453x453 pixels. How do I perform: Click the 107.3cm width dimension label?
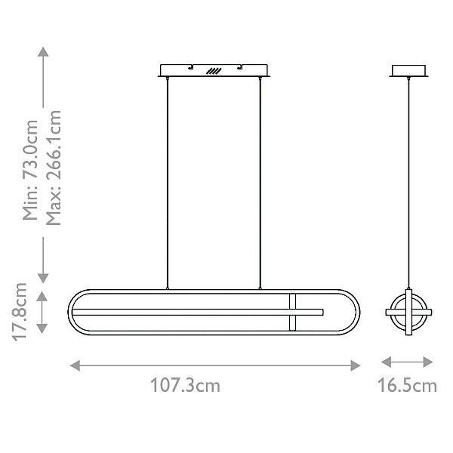[x=185, y=385]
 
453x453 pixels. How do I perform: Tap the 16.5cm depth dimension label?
[x=407, y=385]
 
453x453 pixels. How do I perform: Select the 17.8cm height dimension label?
[x=20, y=312]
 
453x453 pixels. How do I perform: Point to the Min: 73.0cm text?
[x=30, y=170]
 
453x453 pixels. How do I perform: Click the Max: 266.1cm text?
[x=54, y=168]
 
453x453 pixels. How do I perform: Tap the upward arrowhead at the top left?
[x=43, y=51]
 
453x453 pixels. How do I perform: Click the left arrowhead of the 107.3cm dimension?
[x=75, y=365]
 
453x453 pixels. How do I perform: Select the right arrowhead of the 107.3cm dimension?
[x=356, y=365]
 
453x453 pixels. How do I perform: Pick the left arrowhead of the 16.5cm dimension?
[x=387, y=362]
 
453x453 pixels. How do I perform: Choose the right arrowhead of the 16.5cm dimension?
[x=427, y=362]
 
